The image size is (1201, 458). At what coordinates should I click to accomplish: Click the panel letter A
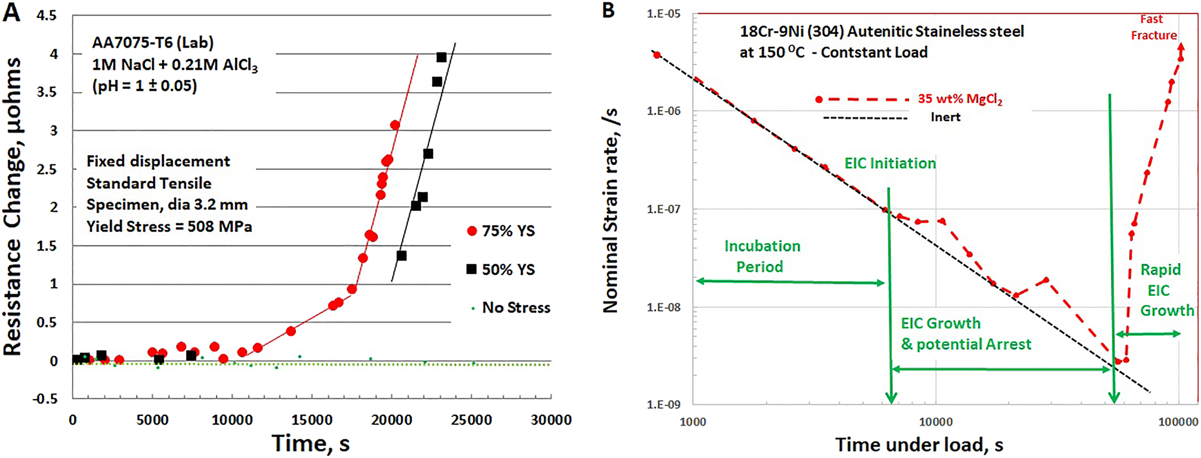11,13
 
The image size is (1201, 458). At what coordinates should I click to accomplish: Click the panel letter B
608,11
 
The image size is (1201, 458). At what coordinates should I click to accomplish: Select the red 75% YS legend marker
472,231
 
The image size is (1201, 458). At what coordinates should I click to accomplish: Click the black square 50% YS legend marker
472,269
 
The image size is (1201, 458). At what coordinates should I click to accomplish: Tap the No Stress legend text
516,308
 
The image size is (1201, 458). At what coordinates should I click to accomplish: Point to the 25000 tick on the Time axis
471,420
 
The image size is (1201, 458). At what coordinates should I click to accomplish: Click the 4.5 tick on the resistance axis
46,16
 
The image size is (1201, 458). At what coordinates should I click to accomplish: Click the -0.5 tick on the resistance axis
46,398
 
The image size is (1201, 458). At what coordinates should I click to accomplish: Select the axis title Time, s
310,444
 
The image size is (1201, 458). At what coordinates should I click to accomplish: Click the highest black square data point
441,57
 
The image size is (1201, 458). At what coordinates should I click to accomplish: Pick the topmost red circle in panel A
395,125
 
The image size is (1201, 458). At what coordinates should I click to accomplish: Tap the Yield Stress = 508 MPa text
169,227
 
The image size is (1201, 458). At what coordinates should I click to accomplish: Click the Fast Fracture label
1153,28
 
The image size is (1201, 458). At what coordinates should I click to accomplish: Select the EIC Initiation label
889,163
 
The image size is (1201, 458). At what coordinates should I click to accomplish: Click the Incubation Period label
761,256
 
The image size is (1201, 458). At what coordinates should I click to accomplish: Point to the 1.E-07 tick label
663,209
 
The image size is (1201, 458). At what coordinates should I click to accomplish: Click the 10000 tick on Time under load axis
936,422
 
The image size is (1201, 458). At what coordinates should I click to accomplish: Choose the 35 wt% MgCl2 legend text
960,99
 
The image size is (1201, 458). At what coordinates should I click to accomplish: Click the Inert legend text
945,117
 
